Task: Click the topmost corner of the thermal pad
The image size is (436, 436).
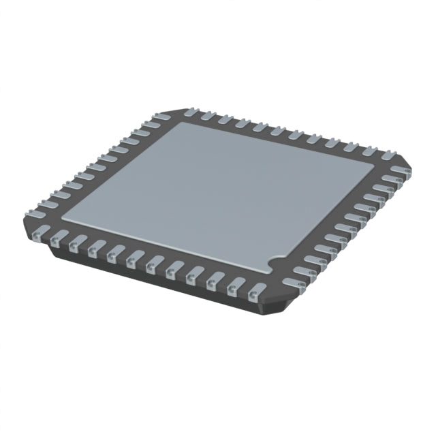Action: (x=178, y=123)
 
